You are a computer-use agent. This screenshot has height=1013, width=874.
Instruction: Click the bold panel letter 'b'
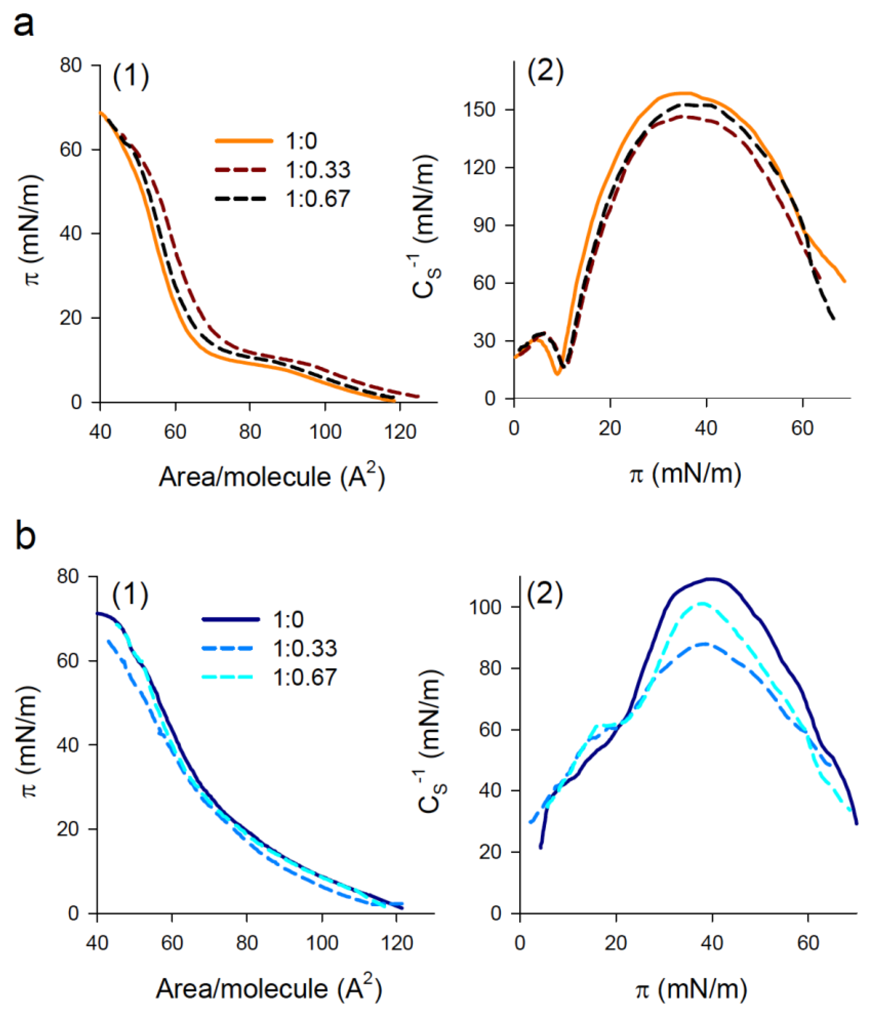25,537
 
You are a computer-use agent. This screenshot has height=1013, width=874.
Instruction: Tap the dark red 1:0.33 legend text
318,170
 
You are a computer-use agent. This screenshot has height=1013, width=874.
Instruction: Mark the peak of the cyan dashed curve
702,603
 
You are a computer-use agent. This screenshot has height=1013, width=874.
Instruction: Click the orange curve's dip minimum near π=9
557,374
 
